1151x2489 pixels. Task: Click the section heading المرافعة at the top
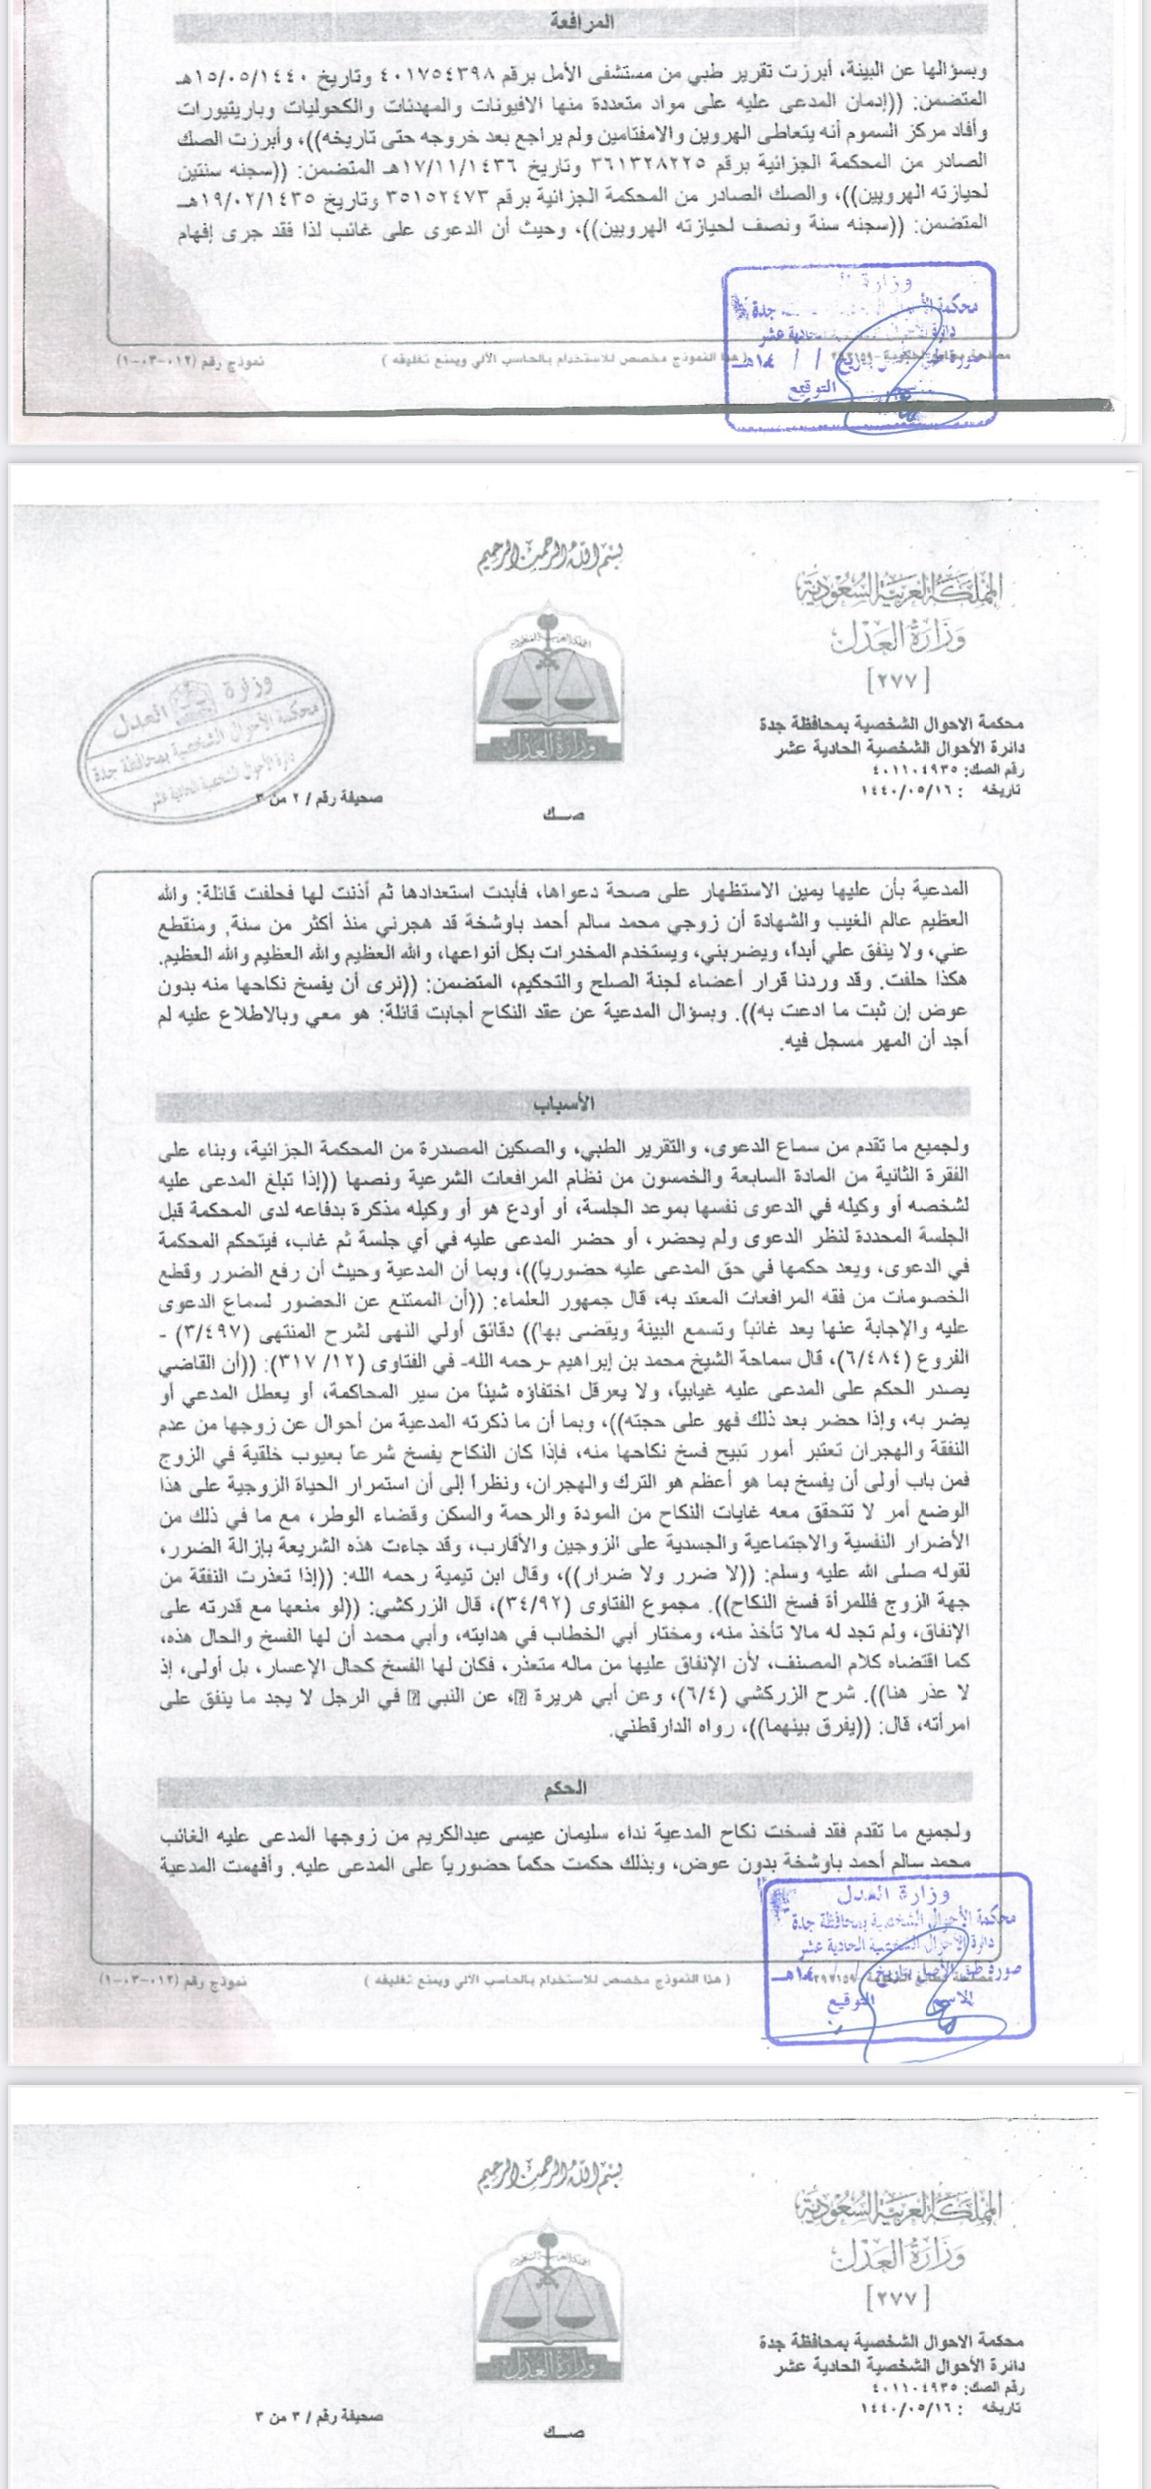pyautogui.click(x=581, y=22)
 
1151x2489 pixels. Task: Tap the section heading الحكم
pyautogui.click(x=566, y=1788)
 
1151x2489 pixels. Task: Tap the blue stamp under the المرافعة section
pyautogui.click(x=860, y=343)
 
